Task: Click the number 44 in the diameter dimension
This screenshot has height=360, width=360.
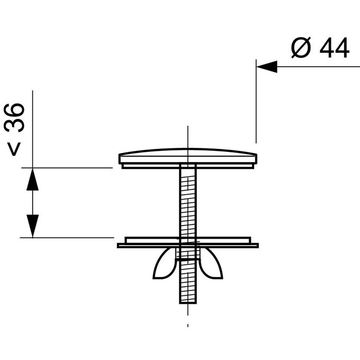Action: pyautogui.click(x=334, y=49)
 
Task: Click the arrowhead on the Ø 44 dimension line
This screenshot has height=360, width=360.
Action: pyautogui.click(x=267, y=67)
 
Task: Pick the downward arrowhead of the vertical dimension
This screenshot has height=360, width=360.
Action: pyautogui.click(x=33, y=227)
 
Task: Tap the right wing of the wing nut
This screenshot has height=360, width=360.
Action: pyautogui.click(x=212, y=265)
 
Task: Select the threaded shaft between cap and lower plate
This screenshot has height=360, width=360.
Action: pyautogui.click(x=188, y=201)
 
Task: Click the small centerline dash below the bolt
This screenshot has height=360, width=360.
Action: pyautogui.click(x=188, y=324)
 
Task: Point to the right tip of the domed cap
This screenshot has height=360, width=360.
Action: pyautogui.click(x=256, y=158)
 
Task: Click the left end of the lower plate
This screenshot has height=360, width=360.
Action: pyautogui.click(x=119, y=245)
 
